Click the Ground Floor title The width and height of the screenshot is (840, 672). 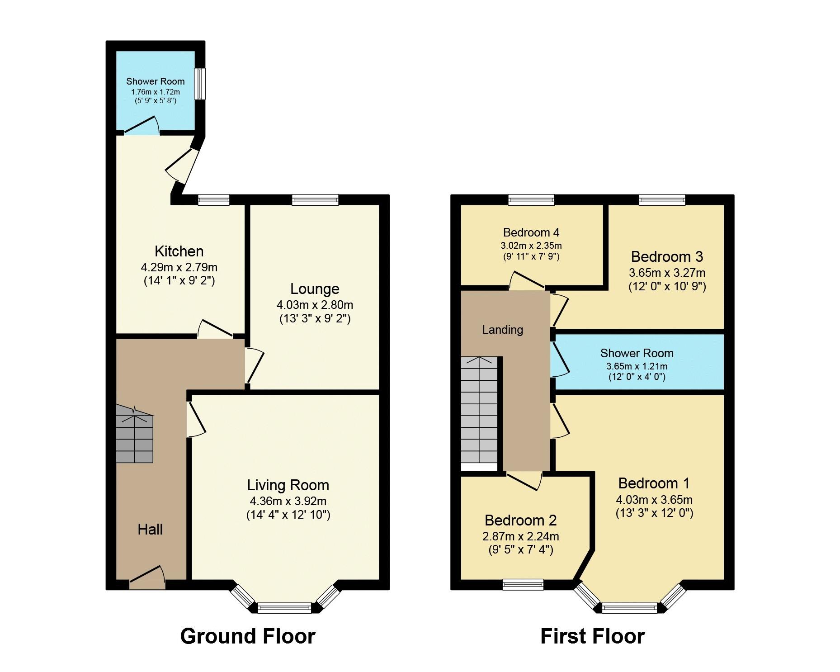(x=248, y=636)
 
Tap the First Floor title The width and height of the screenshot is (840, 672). (x=592, y=636)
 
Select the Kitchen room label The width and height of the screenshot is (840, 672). (x=179, y=251)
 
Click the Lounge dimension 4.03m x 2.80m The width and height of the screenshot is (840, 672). (x=315, y=304)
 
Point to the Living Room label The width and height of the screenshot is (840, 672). (x=288, y=485)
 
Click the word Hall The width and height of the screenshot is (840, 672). (x=150, y=530)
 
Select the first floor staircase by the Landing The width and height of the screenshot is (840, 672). (x=479, y=412)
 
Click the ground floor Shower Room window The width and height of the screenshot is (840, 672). (x=199, y=84)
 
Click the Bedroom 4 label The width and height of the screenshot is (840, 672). (x=531, y=232)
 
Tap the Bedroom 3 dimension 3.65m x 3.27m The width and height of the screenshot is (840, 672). (x=667, y=273)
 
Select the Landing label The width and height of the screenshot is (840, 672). (x=503, y=330)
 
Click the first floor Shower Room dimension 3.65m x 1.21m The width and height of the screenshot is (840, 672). (x=637, y=366)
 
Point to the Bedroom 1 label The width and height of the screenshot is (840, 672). (x=654, y=483)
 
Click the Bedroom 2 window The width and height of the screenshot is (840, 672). (x=523, y=585)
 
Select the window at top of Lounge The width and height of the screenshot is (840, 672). (x=315, y=199)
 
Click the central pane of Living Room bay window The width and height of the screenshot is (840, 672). (x=284, y=608)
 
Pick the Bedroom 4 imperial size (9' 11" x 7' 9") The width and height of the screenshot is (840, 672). (x=531, y=256)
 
